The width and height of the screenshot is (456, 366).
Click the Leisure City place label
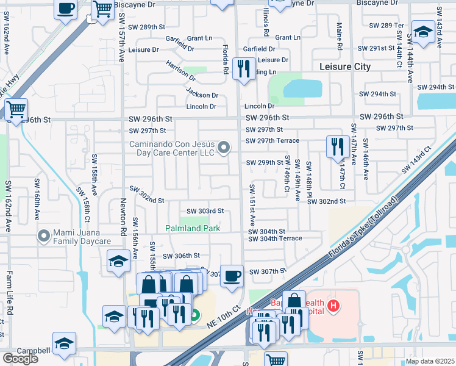(x=344, y=66)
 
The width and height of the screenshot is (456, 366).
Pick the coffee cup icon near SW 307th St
(x=232, y=275)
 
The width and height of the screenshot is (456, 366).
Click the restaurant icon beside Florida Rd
(x=244, y=68)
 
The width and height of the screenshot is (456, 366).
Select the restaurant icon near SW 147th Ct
(x=335, y=147)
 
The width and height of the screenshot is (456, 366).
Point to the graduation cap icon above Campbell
(x=64, y=343)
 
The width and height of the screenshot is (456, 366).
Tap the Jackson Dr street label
(x=202, y=95)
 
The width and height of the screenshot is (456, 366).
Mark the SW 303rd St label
(x=205, y=211)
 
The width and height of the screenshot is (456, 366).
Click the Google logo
(x=20, y=358)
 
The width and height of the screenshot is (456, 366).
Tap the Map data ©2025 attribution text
(x=429, y=361)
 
